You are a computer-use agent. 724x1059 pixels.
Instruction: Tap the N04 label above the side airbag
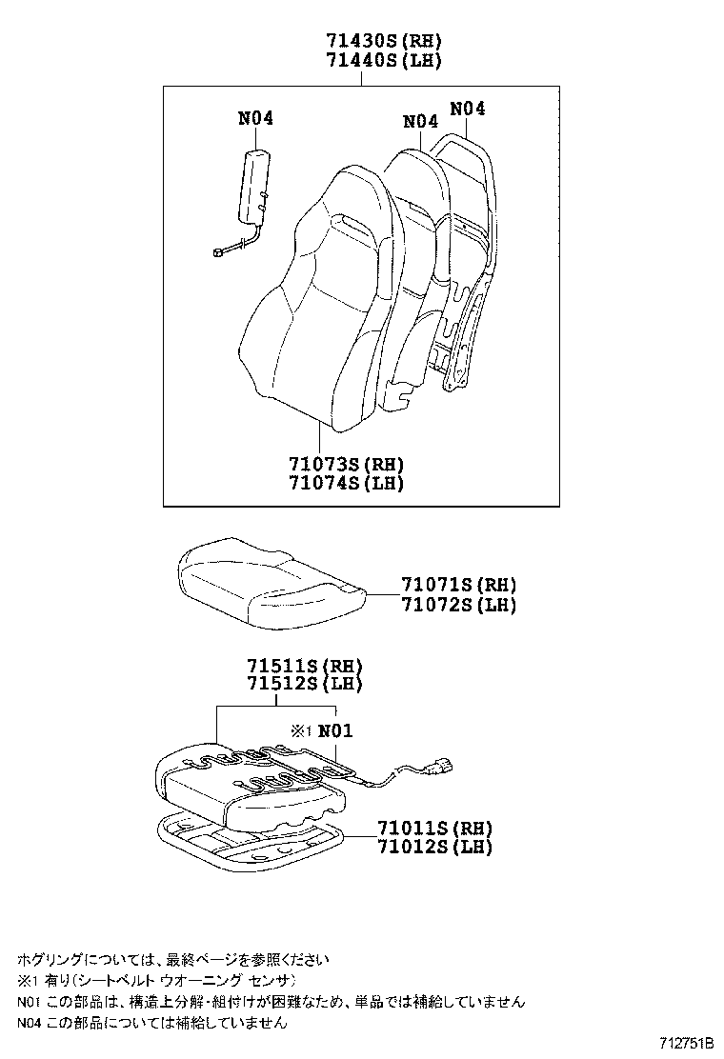pos(255,119)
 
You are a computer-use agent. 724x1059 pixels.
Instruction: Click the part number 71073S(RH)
pos(347,465)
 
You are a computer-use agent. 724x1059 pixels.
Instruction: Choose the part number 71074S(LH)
pos(347,484)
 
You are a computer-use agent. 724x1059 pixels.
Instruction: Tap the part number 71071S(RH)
pos(458,586)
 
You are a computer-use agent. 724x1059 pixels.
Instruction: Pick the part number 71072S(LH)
pos(458,605)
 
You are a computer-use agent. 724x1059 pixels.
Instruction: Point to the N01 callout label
pos(334,731)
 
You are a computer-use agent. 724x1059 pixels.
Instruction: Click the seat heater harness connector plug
pos(441,763)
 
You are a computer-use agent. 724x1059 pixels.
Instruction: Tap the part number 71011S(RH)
pos(433,828)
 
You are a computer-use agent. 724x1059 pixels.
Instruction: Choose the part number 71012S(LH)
pos(433,847)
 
